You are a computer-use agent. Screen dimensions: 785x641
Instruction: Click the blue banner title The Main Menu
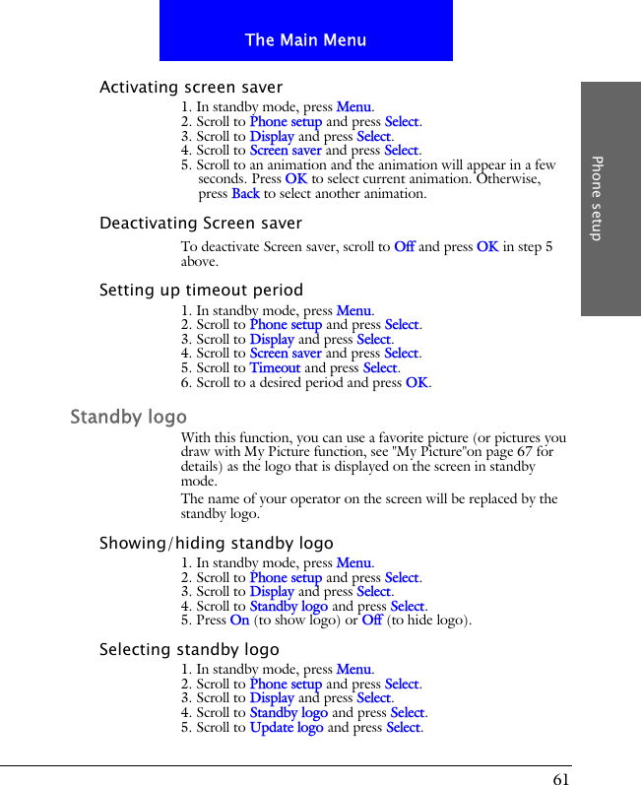tap(305, 40)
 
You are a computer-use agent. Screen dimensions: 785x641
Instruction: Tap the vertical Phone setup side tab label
tap(597, 198)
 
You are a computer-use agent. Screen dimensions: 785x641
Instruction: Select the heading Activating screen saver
tap(191, 88)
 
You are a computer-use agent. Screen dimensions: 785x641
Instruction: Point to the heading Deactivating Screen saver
tap(201, 224)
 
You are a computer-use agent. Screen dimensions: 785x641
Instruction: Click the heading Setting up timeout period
tap(201, 291)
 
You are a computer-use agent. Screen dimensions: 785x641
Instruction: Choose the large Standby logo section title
tap(128, 418)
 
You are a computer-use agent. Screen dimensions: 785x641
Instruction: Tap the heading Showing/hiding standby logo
tap(216, 544)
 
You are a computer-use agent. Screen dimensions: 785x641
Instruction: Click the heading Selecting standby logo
tap(189, 650)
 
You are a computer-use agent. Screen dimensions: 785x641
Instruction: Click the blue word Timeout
tap(275, 368)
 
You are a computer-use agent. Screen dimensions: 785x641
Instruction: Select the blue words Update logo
tap(286, 728)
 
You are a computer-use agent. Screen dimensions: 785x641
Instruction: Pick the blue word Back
tap(245, 194)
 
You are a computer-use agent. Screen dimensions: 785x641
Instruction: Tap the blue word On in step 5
tap(239, 621)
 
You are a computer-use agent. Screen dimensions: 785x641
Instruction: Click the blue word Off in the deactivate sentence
tap(404, 247)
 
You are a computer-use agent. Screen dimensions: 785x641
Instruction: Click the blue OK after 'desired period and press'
tap(417, 383)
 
